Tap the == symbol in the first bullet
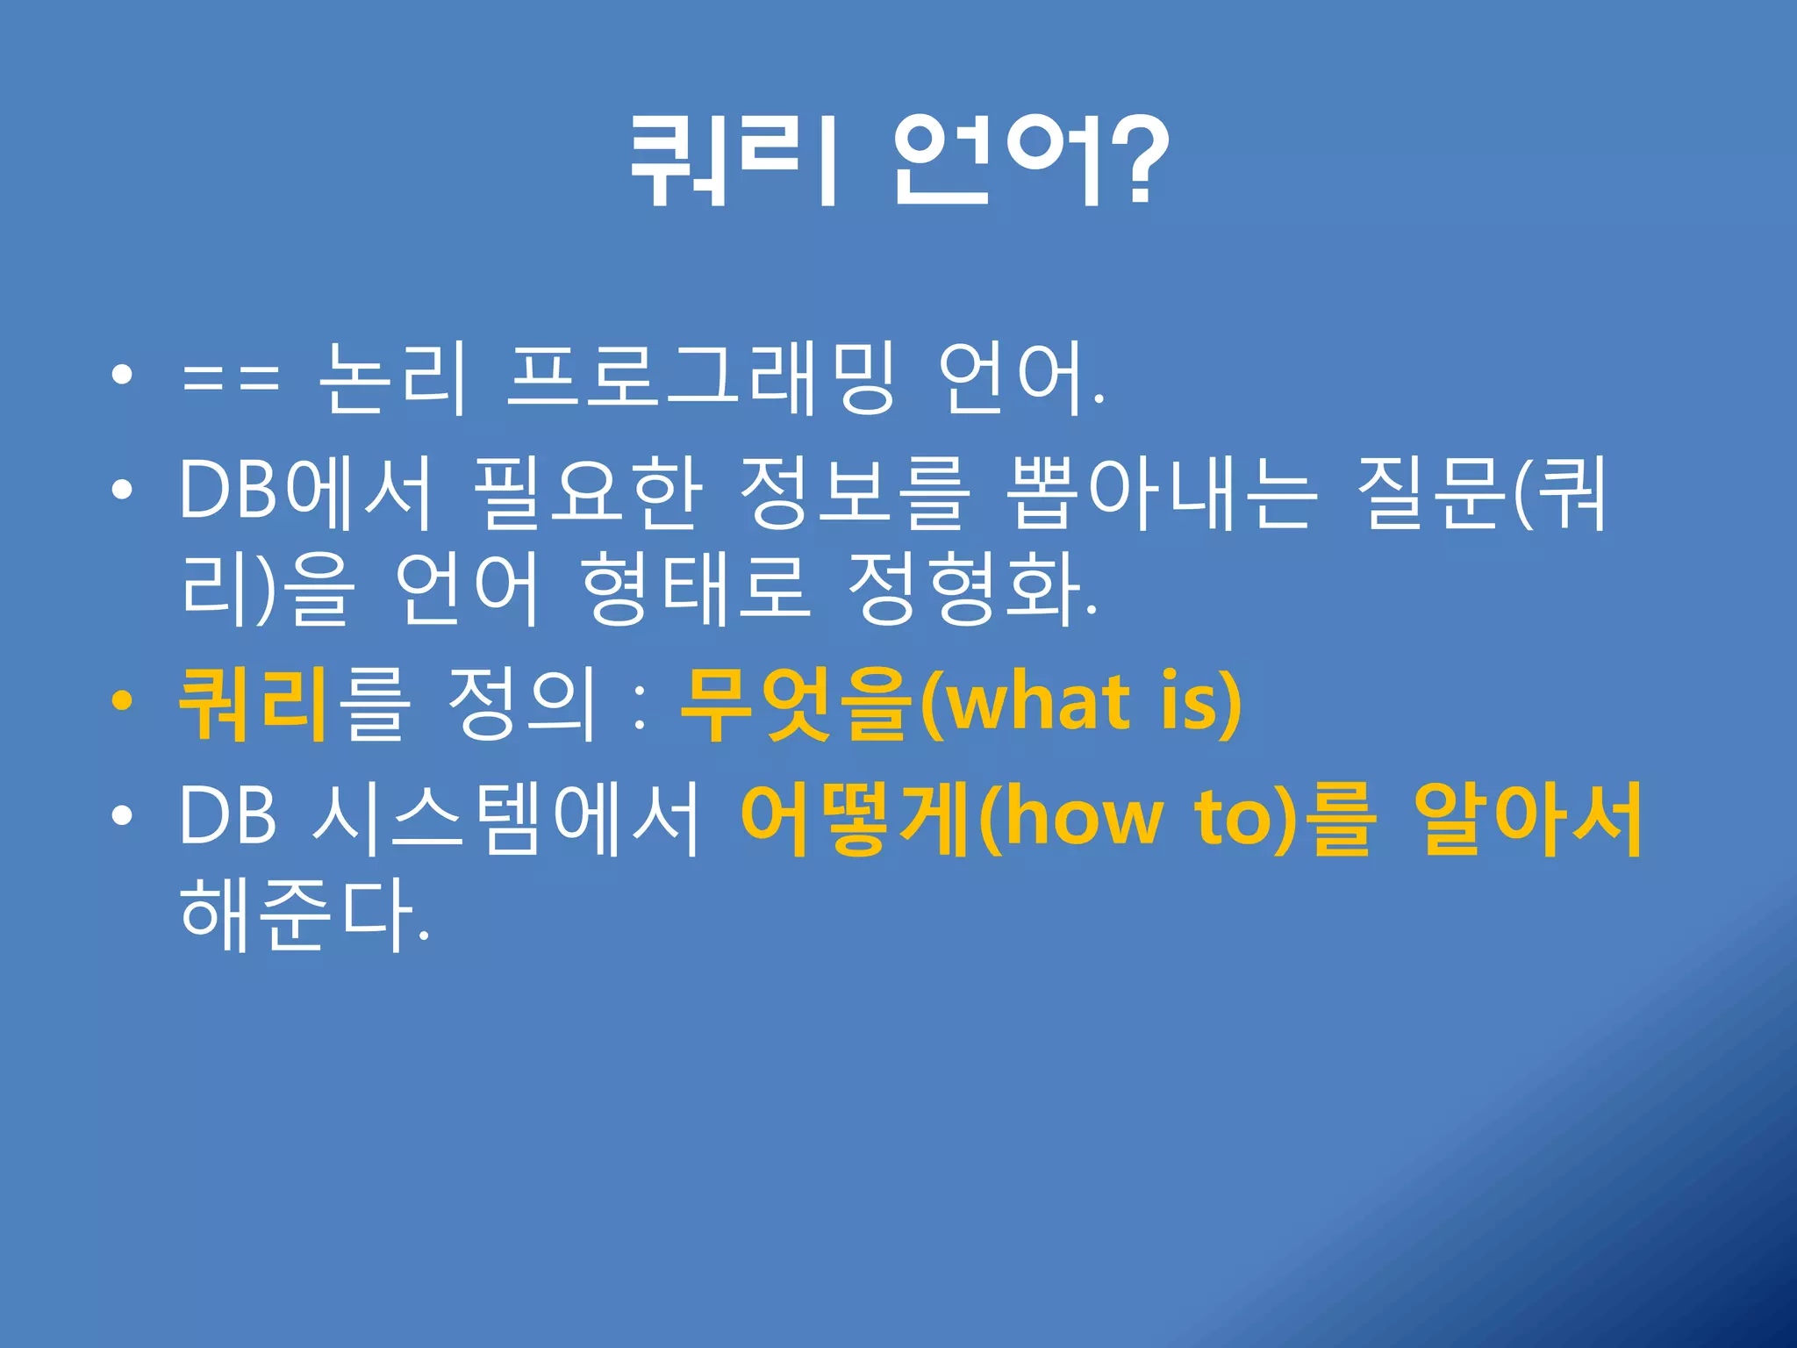point(230,379)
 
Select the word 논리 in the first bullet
point(391,379)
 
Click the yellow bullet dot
point(122,702)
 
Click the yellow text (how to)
point(1136,818)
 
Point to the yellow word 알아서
point(1527,818)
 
